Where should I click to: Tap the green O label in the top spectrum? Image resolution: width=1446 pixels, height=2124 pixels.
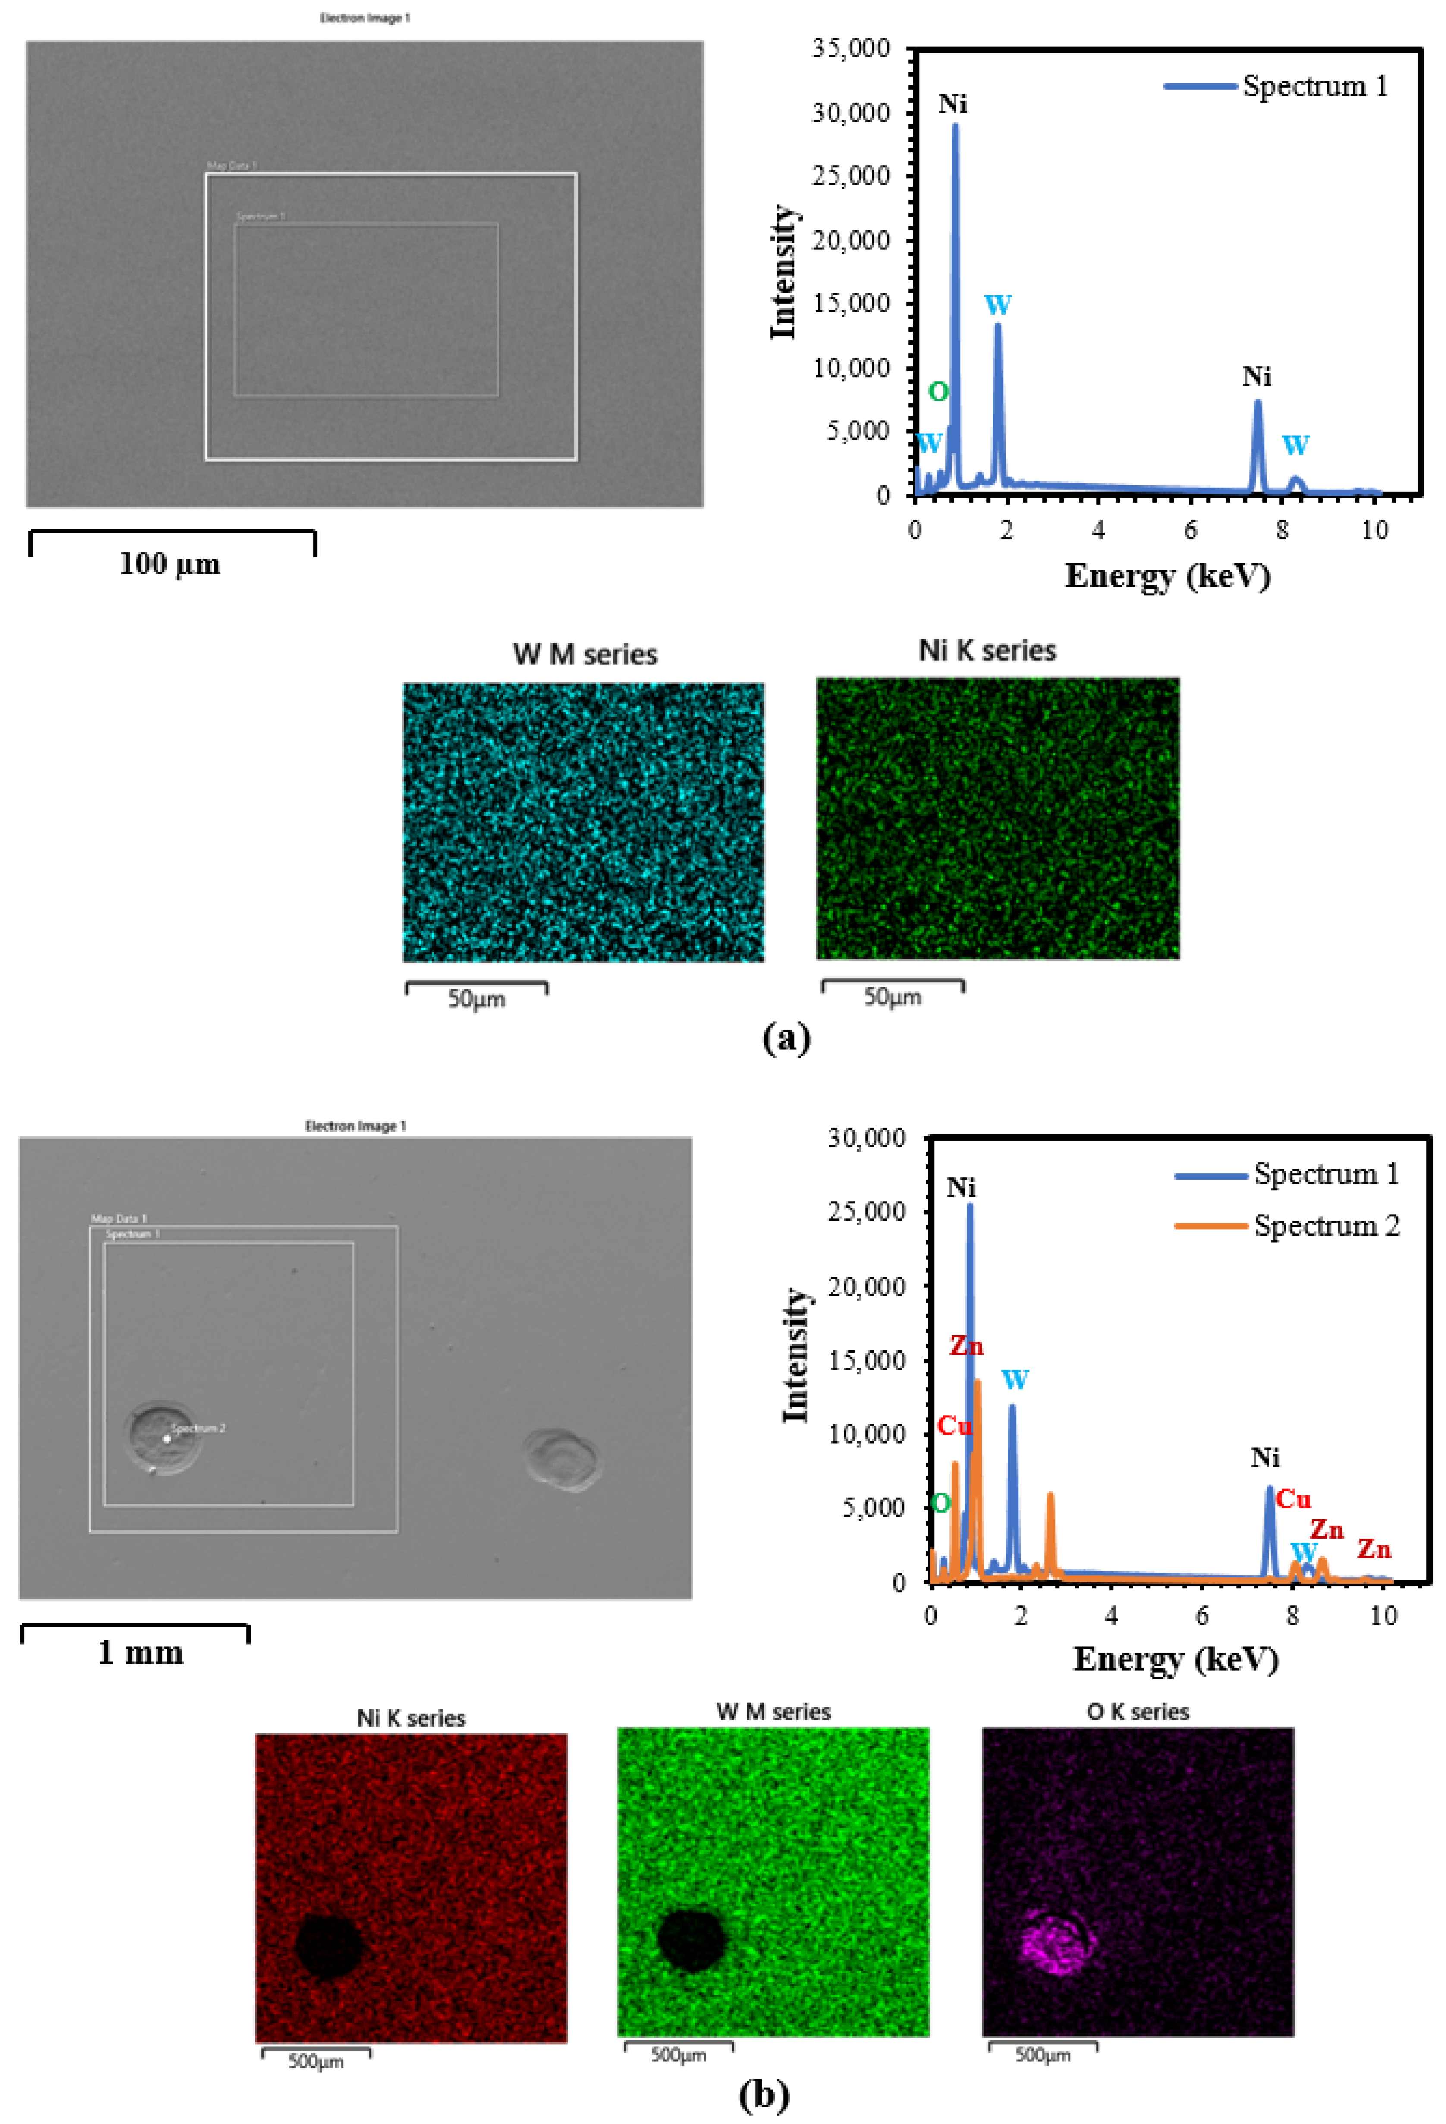[938, 392]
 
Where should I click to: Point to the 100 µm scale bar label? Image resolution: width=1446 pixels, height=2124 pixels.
[170, 564]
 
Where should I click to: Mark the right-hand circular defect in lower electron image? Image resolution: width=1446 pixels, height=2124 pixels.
[562, 1460]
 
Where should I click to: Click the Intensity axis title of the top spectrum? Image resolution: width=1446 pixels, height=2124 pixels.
[783, 271]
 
